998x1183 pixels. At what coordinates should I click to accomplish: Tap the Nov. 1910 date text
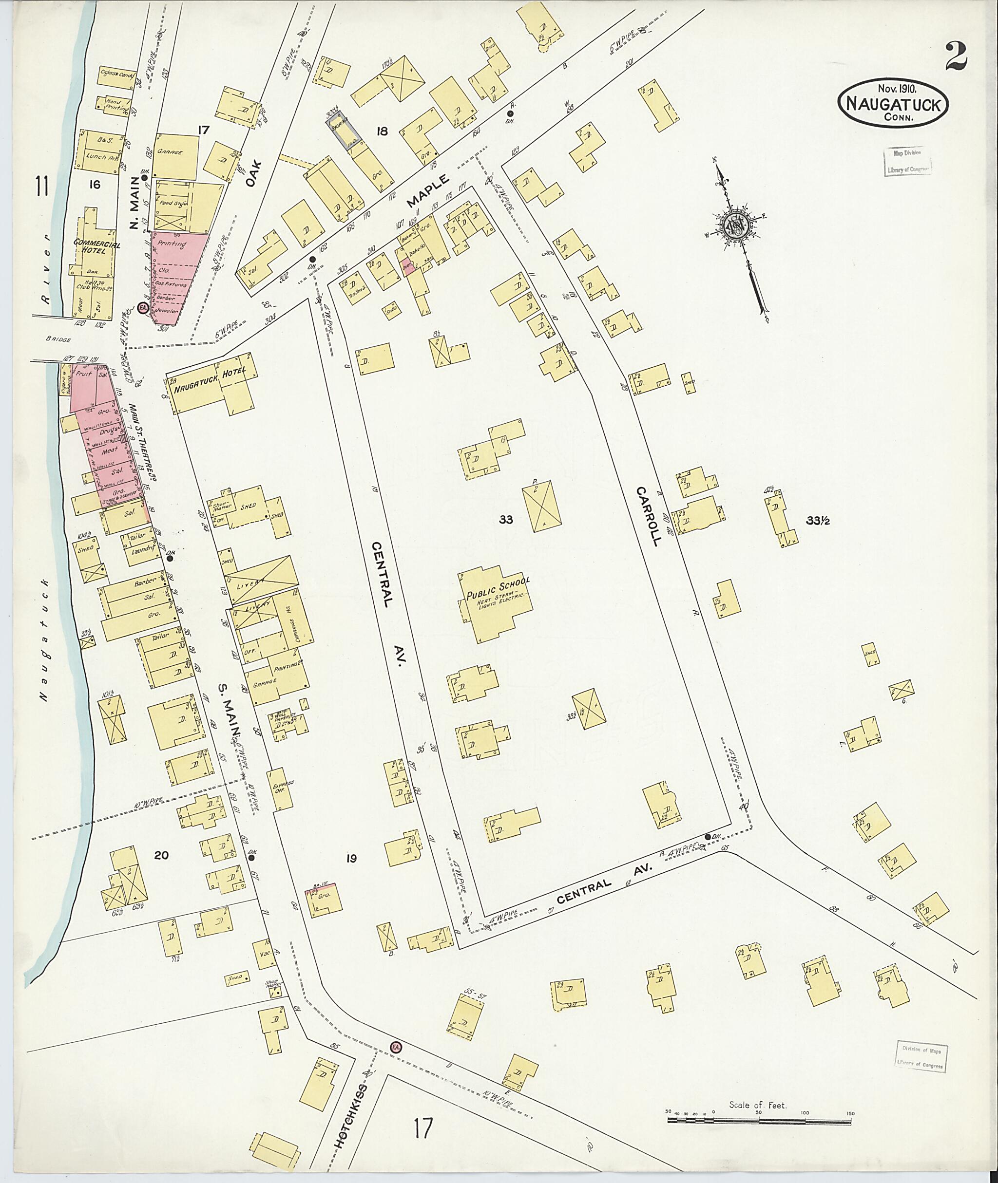pos(897,89)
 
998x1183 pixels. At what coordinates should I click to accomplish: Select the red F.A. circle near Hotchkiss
pos(395,1000)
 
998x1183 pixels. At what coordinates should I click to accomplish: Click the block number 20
pos(161,855)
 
